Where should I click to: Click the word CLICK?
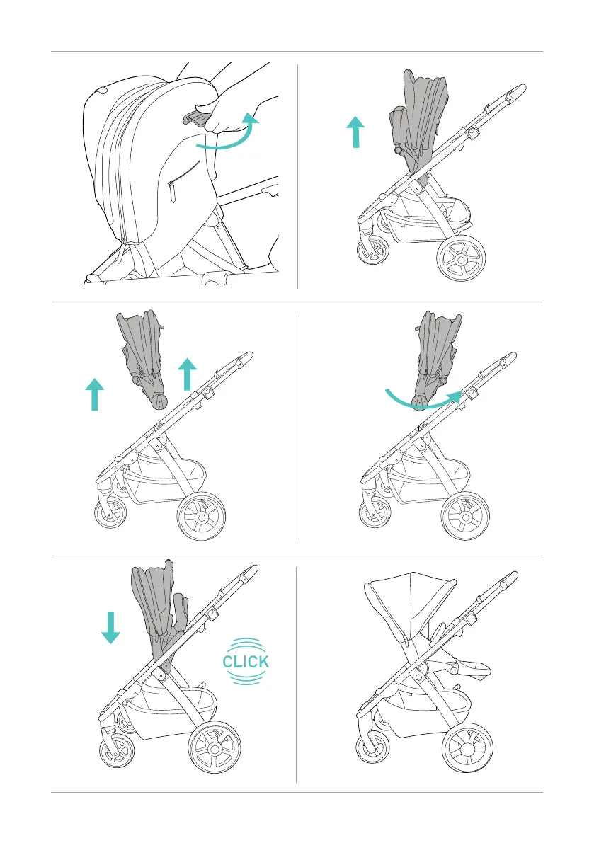[245, 663]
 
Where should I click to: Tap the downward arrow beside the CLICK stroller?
[110, 627]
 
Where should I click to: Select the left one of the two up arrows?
[94, 394]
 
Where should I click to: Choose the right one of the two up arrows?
[187, 374]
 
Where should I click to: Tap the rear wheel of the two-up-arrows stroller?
[202, 517]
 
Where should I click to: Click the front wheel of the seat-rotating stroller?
[375, 516]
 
